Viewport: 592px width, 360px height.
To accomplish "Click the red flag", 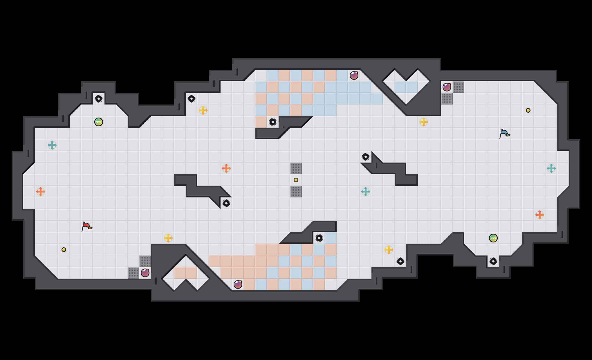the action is tap(86, 226).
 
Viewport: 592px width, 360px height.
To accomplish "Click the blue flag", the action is tap(504, 134).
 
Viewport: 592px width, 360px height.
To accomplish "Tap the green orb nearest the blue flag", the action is tap(493, 238).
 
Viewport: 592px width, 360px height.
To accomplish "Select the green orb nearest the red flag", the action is tap(99, 122).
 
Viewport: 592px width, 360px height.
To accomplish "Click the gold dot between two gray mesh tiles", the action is tap(296, 180).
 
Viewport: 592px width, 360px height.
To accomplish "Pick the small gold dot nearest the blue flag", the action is tap(528, 110).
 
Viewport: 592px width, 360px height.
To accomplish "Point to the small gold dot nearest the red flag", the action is tap(64, 250).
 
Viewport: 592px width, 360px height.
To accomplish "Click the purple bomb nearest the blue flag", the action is tap(447, 87).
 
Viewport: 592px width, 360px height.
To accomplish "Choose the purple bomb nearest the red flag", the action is tap(145, 273).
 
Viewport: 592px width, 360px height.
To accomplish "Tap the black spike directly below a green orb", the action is tap(493, 261).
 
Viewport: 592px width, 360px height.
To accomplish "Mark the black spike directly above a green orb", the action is tap(99, 99).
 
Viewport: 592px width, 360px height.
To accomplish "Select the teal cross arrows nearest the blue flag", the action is tap(551, 168).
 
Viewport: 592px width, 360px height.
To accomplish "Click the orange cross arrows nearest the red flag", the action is tap(41, 192).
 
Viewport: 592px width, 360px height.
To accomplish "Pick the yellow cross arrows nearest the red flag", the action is tap(168, 238).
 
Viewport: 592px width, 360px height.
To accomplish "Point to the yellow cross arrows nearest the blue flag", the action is tap(424, 122).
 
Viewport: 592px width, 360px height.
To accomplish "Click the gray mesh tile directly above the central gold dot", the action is tap(296, 168).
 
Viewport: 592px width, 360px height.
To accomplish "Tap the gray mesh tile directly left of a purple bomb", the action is tap(133, 273).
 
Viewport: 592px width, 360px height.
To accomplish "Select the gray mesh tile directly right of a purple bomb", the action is tap(459, 87).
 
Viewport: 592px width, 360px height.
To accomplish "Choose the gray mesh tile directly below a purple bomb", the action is tap(447, 99).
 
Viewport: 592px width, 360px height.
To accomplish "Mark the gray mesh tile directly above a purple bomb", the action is tap(145, 261).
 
